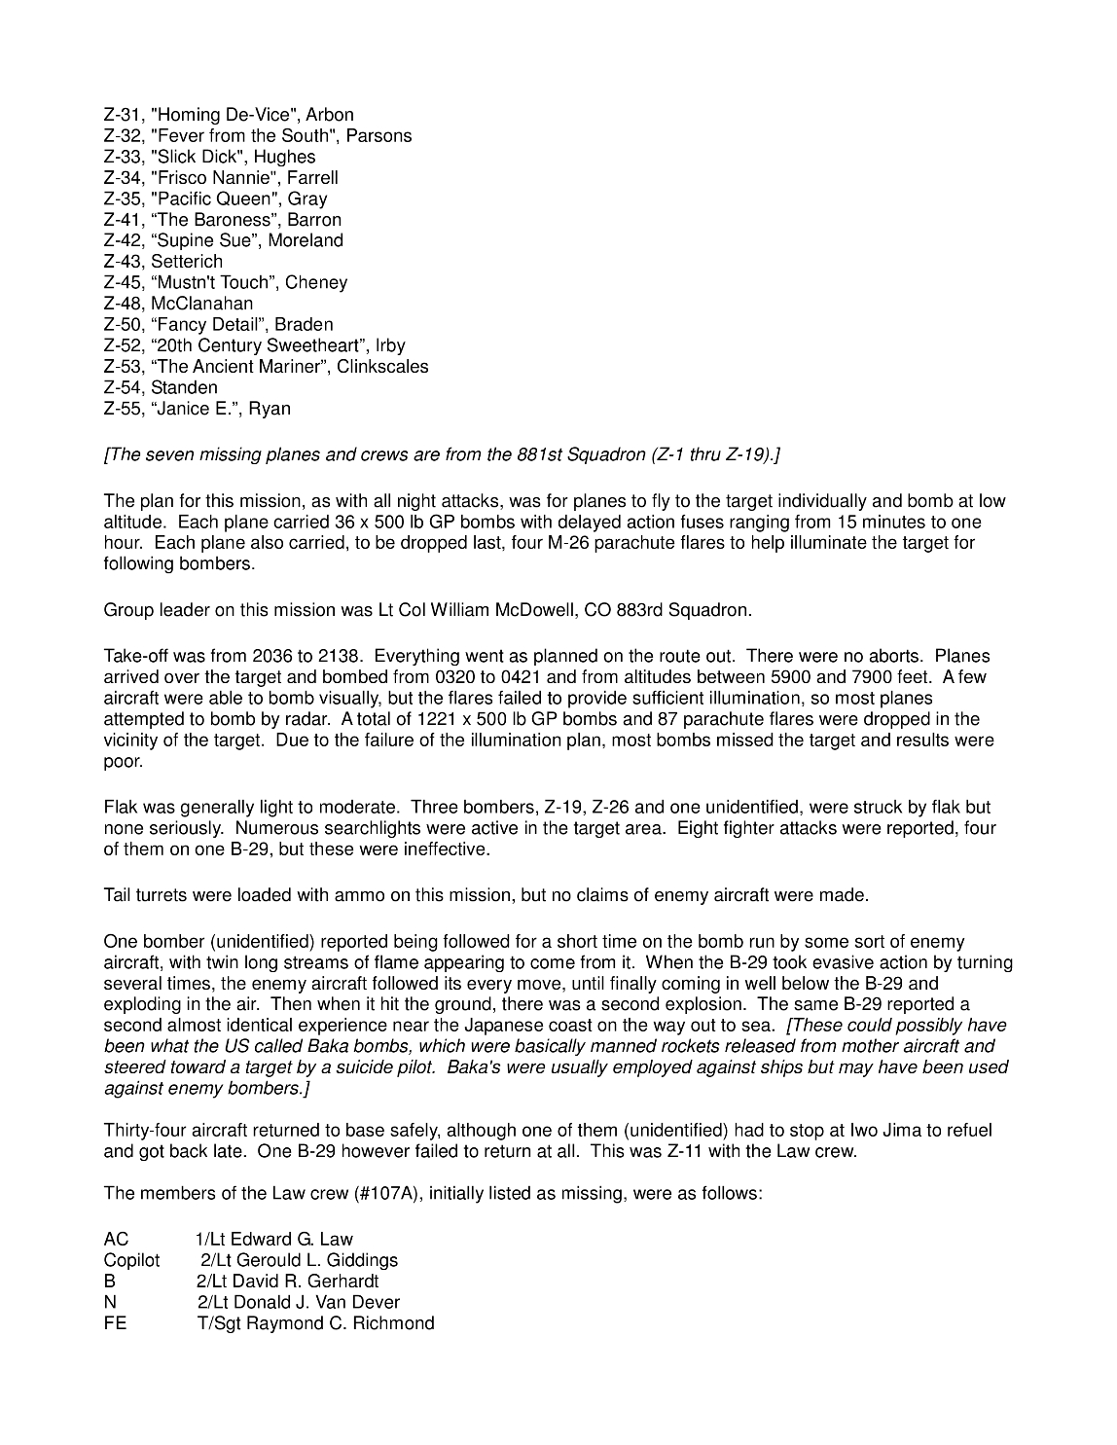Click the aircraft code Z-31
point(123,115)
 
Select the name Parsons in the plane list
point(378,136)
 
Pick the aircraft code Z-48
point(123,304)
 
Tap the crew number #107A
point(389,1194)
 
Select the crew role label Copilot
point(131,1261)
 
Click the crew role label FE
point(115,1324)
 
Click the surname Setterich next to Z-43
point(187,262)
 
